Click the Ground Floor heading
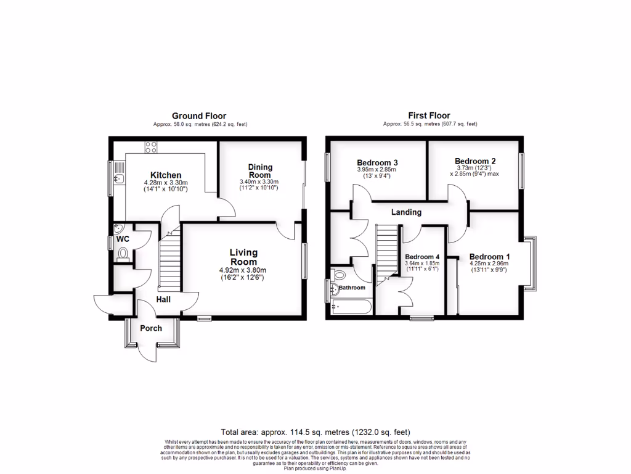(198, 116)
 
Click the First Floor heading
(429, 115)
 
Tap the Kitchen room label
(165, 175)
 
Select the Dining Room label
(259, 171)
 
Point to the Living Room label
(243, 257)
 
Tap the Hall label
(163, 299)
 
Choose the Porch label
(151, 328)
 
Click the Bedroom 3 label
(376, 162)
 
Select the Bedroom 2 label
(475, 160)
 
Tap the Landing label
(406, 212)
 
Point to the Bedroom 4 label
(422, 257)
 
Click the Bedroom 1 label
(489, 257)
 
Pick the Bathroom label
(352, 288)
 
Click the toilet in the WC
(123, 253)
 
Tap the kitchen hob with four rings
(150, 148)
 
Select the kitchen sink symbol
(119, 178)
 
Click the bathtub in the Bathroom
(352, 306)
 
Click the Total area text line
(315, 432)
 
